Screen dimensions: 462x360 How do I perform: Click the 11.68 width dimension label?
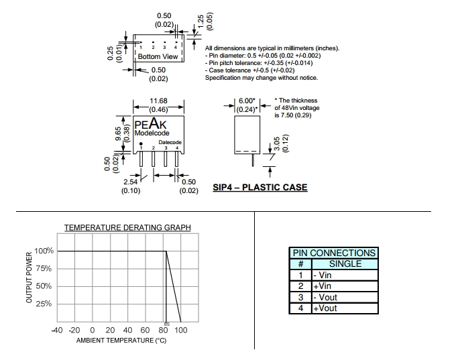[x=158, y=101]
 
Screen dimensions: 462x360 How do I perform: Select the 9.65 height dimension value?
[x=118, y=134]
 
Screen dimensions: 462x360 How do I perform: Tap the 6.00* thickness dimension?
[x=247, y=101]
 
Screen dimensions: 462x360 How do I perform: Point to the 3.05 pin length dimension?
[x=277, y=143]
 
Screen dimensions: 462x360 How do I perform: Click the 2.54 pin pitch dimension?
[x=131, y=182]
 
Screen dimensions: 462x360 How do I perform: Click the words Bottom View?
[x=158, y=56]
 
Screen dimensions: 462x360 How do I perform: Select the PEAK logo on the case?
[x=150, y=123]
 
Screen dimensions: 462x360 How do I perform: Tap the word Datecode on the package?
[x=170, y=142]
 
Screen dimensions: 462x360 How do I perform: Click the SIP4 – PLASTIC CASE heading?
[x=260, y=187]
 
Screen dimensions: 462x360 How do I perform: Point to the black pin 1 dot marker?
[x=141, y=143]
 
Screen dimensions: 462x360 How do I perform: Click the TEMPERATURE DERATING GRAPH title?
[x=127, y=227]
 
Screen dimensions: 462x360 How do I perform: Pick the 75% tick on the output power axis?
[x=44, y=268]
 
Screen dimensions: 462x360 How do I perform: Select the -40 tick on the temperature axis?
[x=57, y=331]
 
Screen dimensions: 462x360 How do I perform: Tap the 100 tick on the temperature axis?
[x=180, y=331]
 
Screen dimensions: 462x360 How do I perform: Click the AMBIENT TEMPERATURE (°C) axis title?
[x=121, y=341]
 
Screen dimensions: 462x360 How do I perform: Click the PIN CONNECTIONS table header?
[x=334, y=253]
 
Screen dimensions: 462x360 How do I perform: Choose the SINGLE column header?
[x=345, y=263]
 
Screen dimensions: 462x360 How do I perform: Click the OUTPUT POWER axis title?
[x=29, y=278]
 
